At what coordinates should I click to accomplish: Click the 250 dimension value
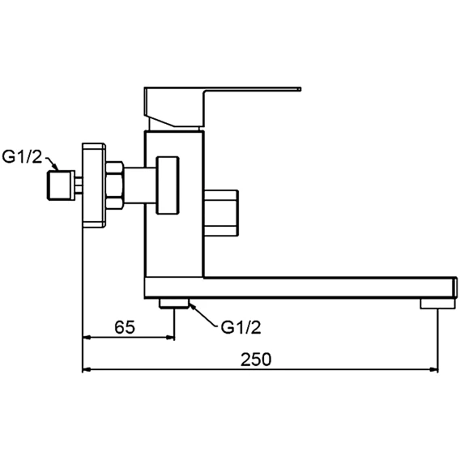[256, 360]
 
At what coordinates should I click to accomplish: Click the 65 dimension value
[125, 327]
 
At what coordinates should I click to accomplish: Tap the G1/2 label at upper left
[22, 156]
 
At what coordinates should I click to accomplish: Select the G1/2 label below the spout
[241, 327]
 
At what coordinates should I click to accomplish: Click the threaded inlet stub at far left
[61, 185]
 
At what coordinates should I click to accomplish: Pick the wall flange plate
[94, 185]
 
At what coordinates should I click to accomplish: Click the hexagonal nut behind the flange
[114, 185]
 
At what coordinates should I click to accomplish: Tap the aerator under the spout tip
[437, 304]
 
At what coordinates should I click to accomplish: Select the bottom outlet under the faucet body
[174, 304]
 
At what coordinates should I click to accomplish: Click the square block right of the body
[221, 213]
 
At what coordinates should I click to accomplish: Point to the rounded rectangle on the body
[168, 185]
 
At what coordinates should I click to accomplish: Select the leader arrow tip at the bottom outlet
[190, 305]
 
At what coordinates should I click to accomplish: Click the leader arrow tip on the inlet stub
[58, 170]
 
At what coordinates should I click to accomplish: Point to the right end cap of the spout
[454, 287]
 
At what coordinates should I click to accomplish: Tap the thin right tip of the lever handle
[300, 89]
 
